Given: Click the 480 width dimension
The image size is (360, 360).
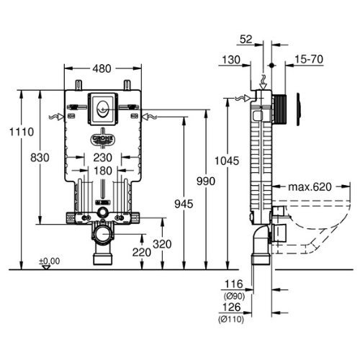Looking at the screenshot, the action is point(102,69).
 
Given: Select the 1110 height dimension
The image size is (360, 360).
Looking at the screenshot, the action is point(22,132).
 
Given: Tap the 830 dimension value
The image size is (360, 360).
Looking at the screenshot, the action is point(40,158).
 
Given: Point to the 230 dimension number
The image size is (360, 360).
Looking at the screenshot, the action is point(103,158).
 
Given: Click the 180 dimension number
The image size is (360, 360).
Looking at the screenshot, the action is point(103,171).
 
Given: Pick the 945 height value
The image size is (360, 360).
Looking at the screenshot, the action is point(184,204).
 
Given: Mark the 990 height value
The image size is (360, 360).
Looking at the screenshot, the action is point(206,181).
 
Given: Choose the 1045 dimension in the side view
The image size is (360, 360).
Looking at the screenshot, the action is point(227,161).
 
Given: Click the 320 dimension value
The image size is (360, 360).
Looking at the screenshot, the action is point(162,244).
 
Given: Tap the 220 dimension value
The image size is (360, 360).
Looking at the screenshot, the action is point(142,253).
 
